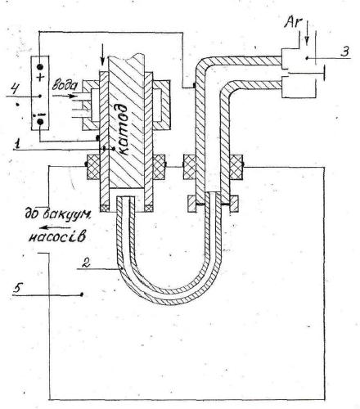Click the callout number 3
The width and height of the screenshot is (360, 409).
(x=345, y=51)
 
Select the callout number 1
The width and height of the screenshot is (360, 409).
(x=17, y=144)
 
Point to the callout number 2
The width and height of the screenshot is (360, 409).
(x=86, y=263)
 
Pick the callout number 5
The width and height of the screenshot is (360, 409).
(x=17, y=288)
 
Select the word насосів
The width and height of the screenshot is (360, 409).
(x=56, y=236)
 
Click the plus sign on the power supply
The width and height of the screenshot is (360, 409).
(x=40, y=78)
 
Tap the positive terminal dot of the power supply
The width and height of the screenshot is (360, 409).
(x=40, y=66)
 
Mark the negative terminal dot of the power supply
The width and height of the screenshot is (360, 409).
(x=40, y=122)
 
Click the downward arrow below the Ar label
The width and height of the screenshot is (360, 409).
(x=308, y=32)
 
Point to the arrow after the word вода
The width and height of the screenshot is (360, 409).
(x=63, y=96)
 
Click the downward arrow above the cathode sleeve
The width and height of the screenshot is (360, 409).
(x=102, y=57)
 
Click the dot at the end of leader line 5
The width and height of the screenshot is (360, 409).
(x=82, y=294)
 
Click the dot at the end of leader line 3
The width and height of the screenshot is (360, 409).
(x=307, y=58)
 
